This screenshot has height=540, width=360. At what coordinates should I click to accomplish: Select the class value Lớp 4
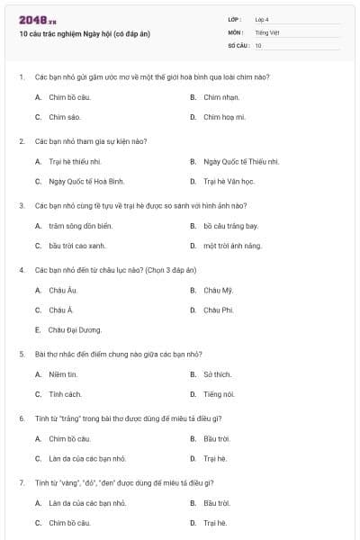[261, 19]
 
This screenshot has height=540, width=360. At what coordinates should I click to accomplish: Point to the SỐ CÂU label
[237, 45]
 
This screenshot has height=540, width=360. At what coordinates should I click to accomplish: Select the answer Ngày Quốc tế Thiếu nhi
[241, 161]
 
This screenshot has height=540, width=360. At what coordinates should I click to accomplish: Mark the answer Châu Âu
[63, 290]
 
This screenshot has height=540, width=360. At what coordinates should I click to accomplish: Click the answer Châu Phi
[219, 310]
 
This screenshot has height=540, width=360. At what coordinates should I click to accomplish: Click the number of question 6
[21, 418]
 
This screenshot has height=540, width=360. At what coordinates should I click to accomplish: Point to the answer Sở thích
[218, 373]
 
